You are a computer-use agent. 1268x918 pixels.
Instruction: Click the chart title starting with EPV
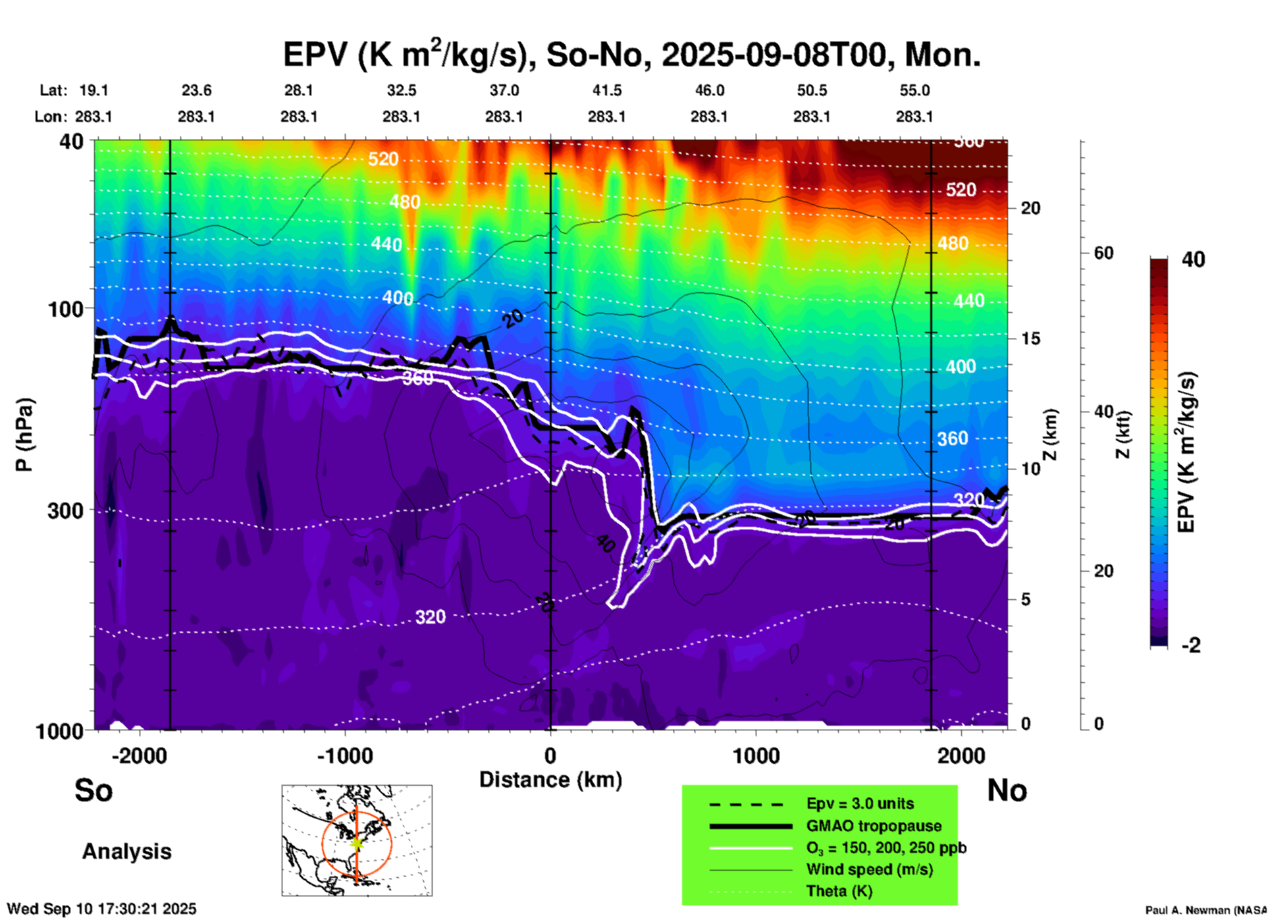coord(631,55)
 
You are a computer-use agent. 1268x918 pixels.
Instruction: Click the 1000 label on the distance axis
coord(756,756)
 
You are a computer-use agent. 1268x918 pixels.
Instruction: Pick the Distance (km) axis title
coord(550,780)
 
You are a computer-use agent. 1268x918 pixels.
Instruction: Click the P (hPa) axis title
coord(24,435)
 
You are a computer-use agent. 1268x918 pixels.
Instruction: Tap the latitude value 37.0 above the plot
coord(504,90)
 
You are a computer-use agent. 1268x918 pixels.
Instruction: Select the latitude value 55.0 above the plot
coord(914,90)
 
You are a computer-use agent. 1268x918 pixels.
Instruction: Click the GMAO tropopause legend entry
coord(874,826)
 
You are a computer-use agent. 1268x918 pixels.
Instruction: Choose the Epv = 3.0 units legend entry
coord(860,803)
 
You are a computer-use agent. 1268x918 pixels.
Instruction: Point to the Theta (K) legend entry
coord(839,891)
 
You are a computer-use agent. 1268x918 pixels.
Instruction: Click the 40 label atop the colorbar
coord(1193,259)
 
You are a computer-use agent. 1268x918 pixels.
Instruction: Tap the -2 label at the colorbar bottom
coord(1191,645)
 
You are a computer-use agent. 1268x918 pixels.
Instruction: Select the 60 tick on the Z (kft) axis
coord(1103,253)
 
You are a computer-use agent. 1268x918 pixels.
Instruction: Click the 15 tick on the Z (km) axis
coord(1030,338)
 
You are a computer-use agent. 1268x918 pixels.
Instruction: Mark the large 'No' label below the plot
coord(1007,790)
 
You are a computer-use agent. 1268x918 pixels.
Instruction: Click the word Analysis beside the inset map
coord(126,851)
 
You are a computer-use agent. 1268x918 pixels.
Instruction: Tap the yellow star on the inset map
coord(356,843)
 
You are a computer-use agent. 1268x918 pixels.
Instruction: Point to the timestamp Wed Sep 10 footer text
coord(101,909)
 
